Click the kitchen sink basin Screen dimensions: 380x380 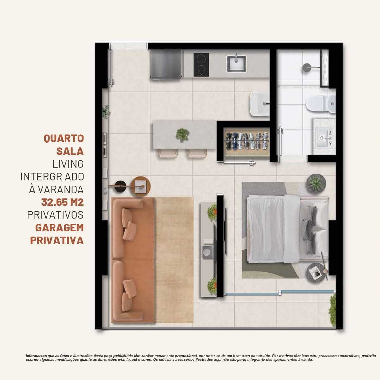coord(236,64)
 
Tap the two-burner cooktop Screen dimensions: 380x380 coord(201,65)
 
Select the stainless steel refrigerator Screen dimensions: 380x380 coord(166,65)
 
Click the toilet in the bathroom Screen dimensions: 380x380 coord(321,103)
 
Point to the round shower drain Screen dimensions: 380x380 coord(307,68)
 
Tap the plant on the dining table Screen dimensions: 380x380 coord(183,135)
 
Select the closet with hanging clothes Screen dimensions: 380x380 coord(247,142)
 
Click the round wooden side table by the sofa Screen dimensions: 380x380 coord(141,186)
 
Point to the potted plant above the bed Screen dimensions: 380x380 coord(316,183)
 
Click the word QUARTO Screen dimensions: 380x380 coord(64,138)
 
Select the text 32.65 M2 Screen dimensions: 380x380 coord(62,202)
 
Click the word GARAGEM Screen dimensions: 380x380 coord(60,228)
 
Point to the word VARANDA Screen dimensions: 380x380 coord(60,189)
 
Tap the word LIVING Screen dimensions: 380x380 coord(68,164)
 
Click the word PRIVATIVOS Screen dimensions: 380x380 coord(55,215)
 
